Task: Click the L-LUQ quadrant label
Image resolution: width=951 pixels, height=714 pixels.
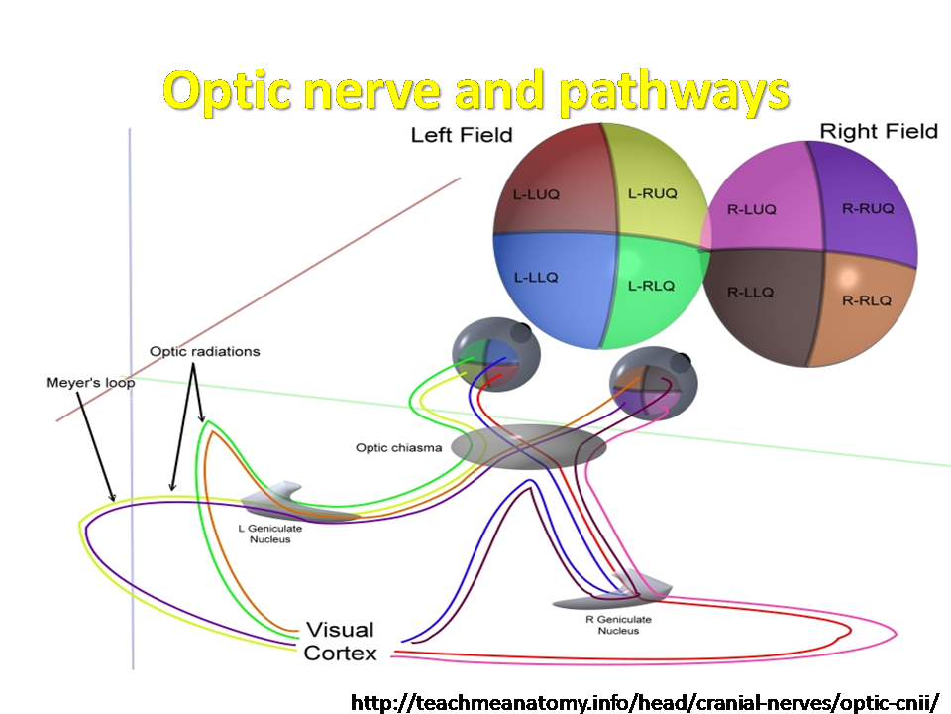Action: click(x=536, y=195)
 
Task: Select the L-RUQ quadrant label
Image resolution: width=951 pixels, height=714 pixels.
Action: click(x=652, y=193)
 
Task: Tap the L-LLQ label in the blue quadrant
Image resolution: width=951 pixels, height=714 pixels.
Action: click(x=536, y=278)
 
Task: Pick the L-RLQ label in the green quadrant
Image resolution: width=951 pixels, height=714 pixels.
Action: click(x=651, y=286)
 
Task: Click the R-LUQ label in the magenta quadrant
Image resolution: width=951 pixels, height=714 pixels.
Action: click(x=752, y=210)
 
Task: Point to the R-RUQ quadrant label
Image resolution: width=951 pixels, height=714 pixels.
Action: click(x=868, y=209)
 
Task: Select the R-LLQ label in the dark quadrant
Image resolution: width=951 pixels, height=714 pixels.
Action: click(x=750, y=293)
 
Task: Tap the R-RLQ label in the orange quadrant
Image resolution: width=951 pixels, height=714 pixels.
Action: click(x=867, y=300)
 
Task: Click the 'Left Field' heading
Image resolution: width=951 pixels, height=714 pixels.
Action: click(x=462, y=135)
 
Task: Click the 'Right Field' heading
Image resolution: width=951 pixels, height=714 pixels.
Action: click(x=879, y=131)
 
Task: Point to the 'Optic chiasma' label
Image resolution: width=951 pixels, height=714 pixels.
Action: click(x=398, y=448)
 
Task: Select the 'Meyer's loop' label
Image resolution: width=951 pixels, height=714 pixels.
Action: click(x=90, y=383)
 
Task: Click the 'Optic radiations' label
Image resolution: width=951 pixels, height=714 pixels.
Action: click(x=204, y=351)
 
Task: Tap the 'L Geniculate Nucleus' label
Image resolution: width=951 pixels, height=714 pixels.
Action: click(x=269, y=534)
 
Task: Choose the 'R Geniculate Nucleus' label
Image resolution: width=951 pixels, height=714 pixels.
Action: click(x=618, y=625)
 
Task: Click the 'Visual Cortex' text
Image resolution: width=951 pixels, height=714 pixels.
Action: click(x=340, y=642)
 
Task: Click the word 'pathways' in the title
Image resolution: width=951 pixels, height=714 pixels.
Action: click(x=674, y=92)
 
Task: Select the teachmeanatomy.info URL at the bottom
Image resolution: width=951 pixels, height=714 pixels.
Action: click(x=645, y=702)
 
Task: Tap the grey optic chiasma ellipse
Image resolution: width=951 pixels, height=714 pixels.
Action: click(x=528, y=447)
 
